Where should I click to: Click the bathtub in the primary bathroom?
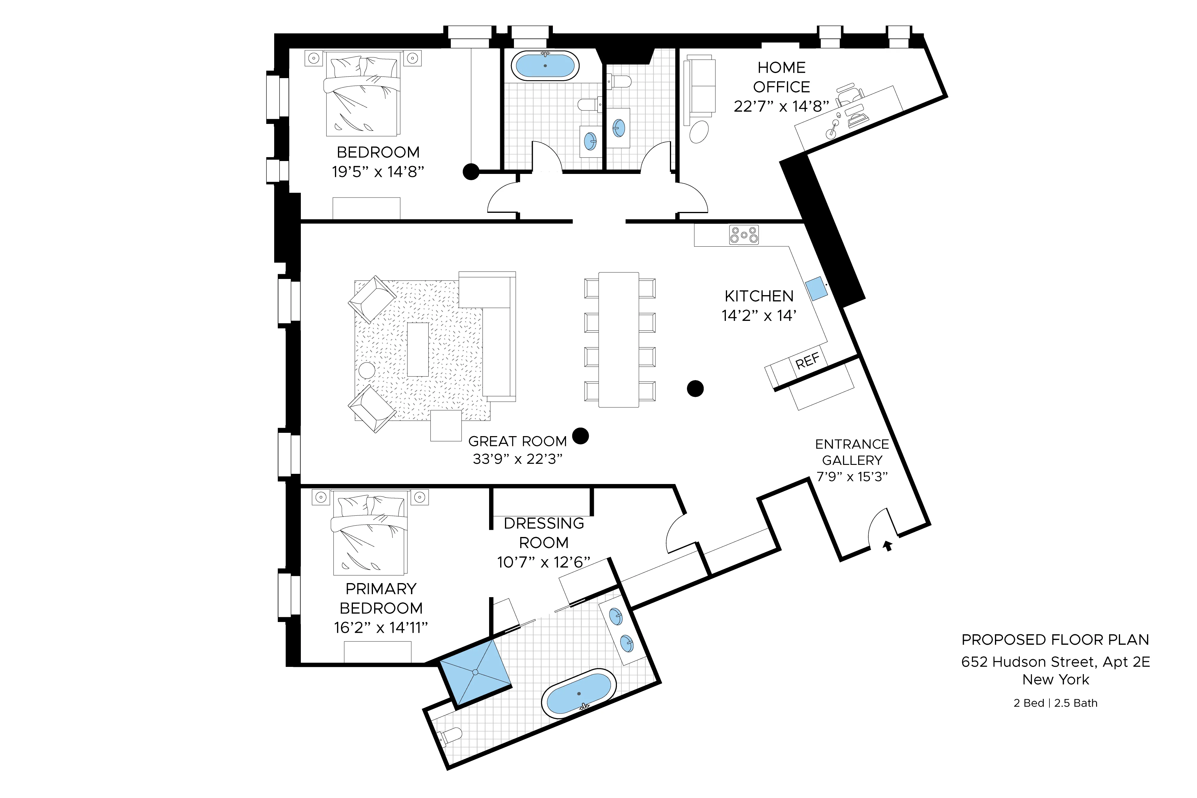pos(579,694)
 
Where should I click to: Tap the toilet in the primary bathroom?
pos(450,736)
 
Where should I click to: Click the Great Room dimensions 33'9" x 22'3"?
pos(518,459)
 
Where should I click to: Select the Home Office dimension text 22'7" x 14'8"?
pos(781,106)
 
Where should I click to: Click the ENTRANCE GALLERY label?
pos(852,452)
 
